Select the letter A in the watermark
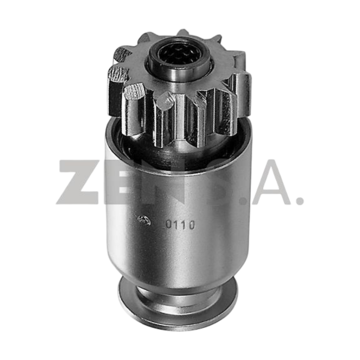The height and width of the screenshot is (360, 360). pos(273,182)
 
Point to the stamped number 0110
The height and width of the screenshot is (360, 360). pos(180,225)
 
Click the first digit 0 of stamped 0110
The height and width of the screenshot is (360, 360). pos(169,225)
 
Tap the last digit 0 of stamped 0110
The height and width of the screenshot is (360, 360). pos(192,225)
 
